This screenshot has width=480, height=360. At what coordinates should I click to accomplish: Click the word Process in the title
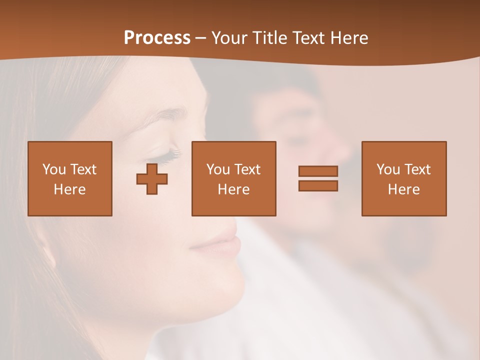coord(157,37)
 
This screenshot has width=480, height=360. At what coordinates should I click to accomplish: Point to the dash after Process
coord(201,38)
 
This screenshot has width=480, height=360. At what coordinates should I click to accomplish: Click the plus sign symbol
coord(152,179)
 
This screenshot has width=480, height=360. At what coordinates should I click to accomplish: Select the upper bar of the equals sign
coord(318,171)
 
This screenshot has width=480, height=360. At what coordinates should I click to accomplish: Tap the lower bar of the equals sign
coord(318,185)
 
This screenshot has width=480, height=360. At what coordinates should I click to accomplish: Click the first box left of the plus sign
coord(70,178)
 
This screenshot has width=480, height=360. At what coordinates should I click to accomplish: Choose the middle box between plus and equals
coord(233,178)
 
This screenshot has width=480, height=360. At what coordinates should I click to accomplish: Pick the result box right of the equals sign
coord(403,178)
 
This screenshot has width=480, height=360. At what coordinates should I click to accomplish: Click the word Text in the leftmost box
coord(83,169)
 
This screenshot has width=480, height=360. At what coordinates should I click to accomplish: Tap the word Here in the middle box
coord(233,189)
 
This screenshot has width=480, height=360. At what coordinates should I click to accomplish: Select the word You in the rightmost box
coord(388,169)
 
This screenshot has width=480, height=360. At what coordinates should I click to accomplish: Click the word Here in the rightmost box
coord(403,189)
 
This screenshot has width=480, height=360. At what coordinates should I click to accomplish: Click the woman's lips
coord(220,244)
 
